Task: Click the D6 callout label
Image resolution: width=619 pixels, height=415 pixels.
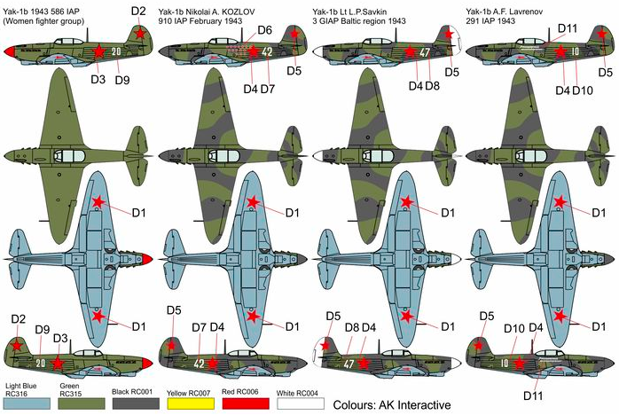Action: pyautogui.click(x=264, y=31)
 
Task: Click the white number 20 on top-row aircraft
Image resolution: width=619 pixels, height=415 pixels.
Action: pyautogui.click(x=116, y=51)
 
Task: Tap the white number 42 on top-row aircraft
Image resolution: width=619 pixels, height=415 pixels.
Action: pyautogui.click(x=268, y=51)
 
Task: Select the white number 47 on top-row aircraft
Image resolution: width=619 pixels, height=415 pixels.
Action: pyautogui.click(x=425, y=52)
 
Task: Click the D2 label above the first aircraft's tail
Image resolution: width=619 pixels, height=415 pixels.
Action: pyautogui.click(x=137, y=11)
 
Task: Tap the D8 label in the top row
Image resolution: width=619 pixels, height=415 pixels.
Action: pyautogui.click(x=432, y=86)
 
